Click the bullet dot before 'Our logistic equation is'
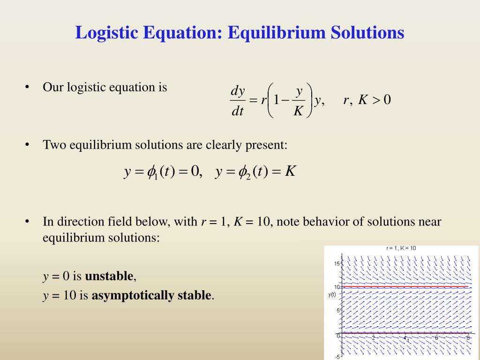point(28,88)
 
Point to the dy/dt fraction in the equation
point(238,101)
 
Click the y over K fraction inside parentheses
point(299,101)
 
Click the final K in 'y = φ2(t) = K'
point(290,172)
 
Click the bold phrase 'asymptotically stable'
point(151,295)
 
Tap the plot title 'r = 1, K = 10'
point(401,248)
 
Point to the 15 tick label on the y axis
point(337,263)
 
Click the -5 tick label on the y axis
point(337,356)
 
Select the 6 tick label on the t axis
point(436,338)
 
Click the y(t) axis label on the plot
point(332,294)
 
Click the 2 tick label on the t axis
point(373,338)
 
